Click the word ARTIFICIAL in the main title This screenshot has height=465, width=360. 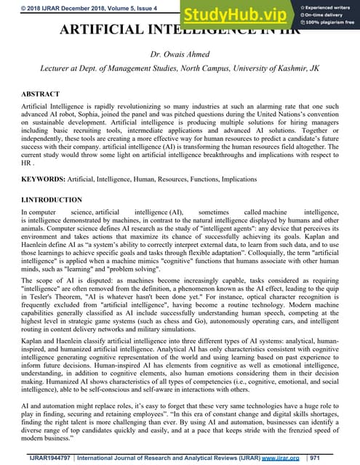95,32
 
